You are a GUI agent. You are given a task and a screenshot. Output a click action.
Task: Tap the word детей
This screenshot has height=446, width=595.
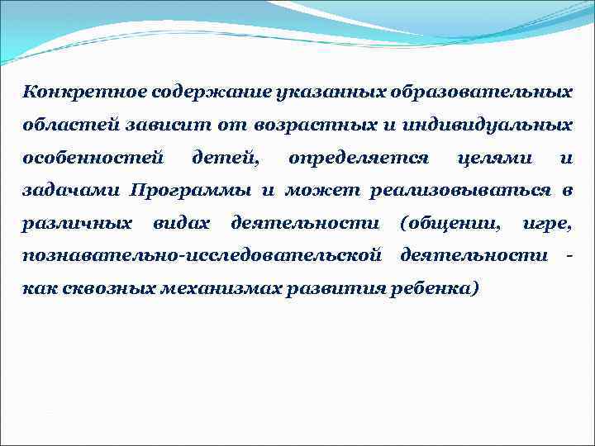(224, 157)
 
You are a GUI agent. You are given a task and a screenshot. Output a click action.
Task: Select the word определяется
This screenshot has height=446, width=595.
(358, 157)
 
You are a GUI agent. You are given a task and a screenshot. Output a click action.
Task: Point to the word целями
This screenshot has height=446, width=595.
(493, 157)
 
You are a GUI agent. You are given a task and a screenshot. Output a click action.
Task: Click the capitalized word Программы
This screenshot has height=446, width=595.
(190, 190)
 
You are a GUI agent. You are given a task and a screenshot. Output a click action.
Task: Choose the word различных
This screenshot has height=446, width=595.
(77, 223)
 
